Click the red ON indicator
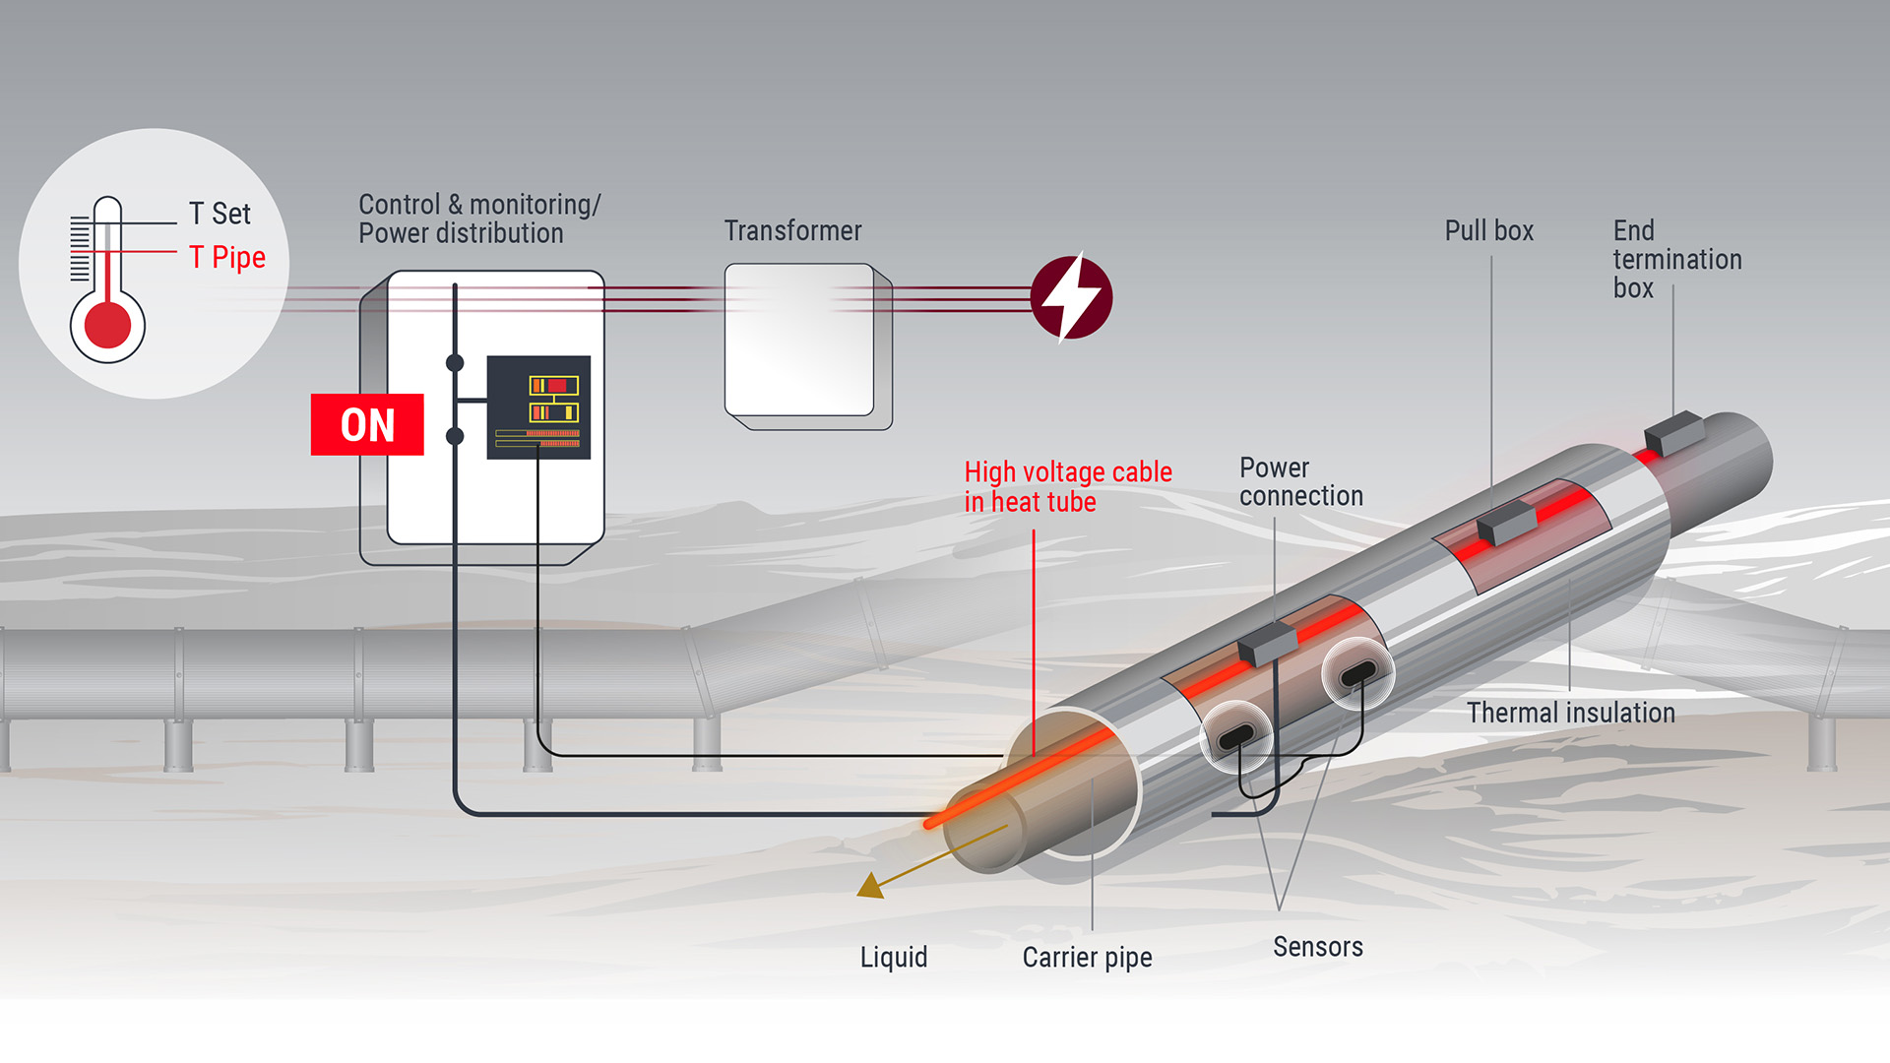367,424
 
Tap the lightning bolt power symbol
1071,296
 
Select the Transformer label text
792,230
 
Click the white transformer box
799,340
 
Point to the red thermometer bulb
107,325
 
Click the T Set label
220,214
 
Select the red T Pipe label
227,257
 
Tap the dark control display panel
538,406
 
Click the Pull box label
1488,230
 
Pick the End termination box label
1676,259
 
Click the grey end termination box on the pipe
1673,432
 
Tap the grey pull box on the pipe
1506,521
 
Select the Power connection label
1300,481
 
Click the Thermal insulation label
1570,713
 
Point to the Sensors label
1317,947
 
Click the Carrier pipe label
1087,957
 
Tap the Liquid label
893,957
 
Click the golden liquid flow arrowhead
870,886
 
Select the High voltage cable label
1067,486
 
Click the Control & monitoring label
478,219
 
